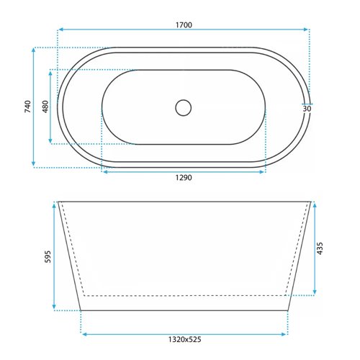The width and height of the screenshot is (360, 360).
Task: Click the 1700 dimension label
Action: [184, 25]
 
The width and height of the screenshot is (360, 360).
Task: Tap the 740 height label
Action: [28, 107]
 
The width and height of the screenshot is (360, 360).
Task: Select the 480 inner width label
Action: [45, 107]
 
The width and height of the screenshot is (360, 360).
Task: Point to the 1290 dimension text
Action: [184, 178]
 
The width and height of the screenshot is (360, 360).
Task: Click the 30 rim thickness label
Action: [307, 109]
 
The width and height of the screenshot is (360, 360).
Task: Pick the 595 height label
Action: [48, 256]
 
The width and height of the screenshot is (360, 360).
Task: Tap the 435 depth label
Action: [320, 248]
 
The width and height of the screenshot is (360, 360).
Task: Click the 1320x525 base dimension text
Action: [184, 339]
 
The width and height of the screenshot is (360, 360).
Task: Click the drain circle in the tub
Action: [184, 108]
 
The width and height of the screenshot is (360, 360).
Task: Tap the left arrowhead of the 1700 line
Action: [60, 30]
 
